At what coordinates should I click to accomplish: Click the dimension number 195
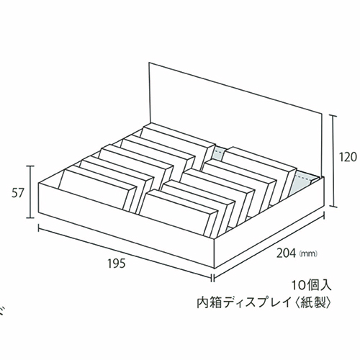(117, 264)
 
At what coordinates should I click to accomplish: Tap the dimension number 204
(286, 253)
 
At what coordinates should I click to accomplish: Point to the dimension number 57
(18, 194)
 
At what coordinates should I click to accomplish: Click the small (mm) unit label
(309, 253)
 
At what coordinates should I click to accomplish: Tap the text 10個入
(311, 286)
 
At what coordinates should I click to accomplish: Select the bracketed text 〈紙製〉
(313, 303)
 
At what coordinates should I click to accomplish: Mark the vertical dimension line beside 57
(30, 192)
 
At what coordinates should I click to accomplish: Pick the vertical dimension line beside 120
(333, 161)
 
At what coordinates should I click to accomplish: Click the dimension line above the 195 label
(125, 252)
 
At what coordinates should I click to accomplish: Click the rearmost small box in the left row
(178, 142)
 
